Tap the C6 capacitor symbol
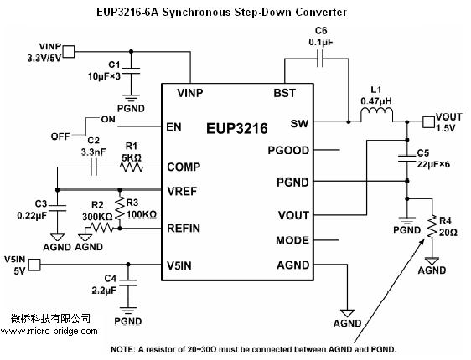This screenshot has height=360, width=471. tap(320, 59)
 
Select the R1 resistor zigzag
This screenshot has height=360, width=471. tap(132, 167)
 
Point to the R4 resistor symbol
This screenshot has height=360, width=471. tap(432, 226)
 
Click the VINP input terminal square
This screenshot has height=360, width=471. tap(69, 52)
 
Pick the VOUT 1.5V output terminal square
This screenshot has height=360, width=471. tap(428, 121)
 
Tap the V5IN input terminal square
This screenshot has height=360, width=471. tap(34, 265)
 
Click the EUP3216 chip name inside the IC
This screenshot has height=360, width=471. tap(236, 128)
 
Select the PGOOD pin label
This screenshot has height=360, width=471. tap(288, 151)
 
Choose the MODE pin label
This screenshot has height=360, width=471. tap(292, 240)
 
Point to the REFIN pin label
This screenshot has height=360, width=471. tap(184, 229)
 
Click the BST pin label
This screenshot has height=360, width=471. tap(284, 93)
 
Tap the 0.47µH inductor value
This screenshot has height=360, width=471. tap(376, 100)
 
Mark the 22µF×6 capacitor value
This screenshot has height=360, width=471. tap(433, 164)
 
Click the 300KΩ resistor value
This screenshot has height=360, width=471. tap(97, 217)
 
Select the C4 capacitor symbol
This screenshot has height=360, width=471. tap(128, 283)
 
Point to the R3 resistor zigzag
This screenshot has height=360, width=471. tap(120, 208)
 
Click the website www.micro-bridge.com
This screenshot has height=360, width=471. tap(49, 332)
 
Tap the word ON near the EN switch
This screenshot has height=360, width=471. tap(108, 120)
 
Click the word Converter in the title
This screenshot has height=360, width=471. tap(320, 12)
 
